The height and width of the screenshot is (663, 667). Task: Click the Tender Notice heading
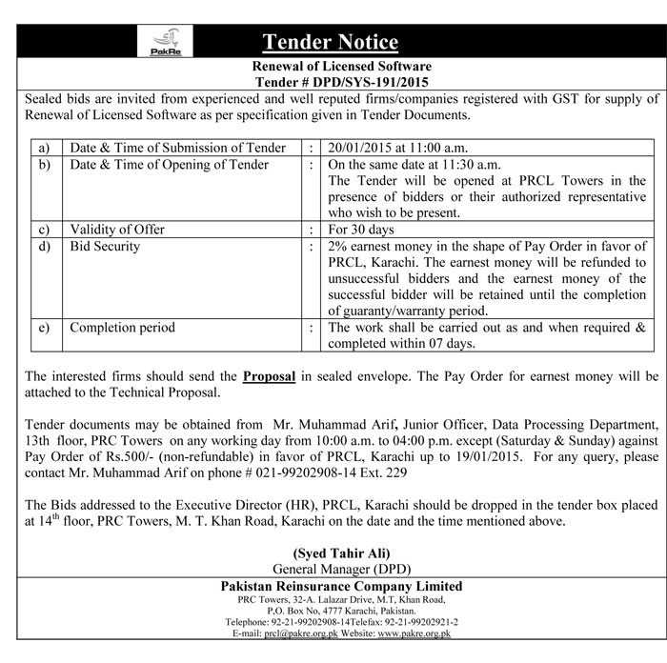click(330, 42)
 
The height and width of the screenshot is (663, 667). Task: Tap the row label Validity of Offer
click(117, 230)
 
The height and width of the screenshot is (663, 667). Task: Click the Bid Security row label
click(106, 246)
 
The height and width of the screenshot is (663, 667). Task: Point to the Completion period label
click(123, 327)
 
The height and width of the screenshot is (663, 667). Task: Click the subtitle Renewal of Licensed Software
click(341, 67)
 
